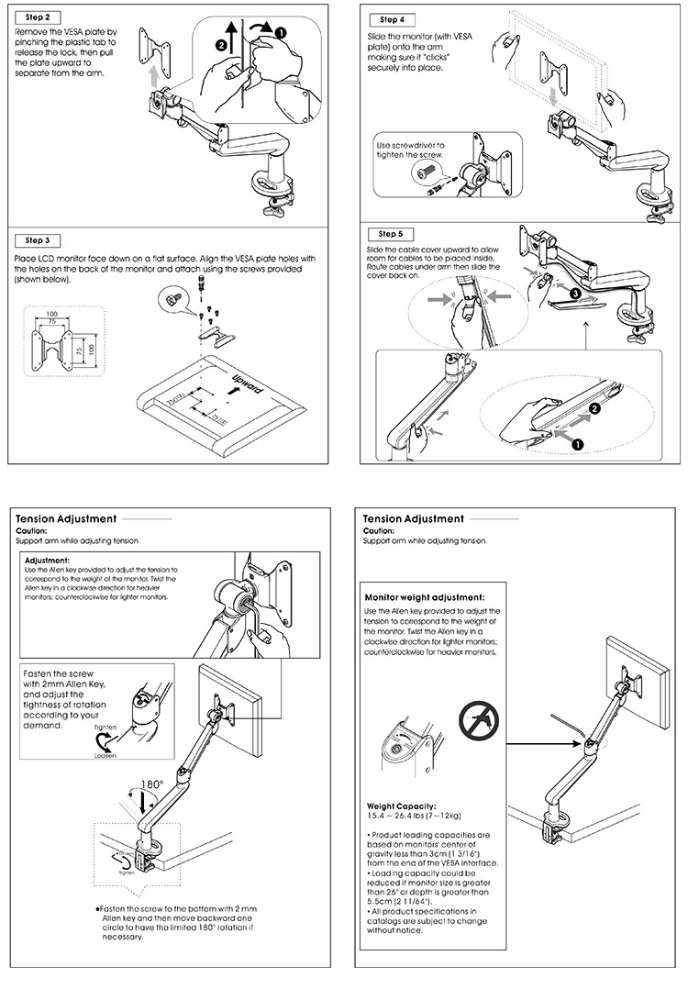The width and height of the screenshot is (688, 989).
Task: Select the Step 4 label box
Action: pos(391,19)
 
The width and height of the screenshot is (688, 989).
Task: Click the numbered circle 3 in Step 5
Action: pos(574,294)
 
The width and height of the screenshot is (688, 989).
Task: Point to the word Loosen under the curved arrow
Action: pos(105,758)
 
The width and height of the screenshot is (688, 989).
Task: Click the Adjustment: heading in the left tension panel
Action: pos(47,560)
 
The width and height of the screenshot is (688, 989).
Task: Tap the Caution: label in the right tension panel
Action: pos(379,531)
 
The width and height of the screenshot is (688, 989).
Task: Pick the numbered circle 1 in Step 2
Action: pos(281,32)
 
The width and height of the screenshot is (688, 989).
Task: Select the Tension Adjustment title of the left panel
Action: pos(66,519)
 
